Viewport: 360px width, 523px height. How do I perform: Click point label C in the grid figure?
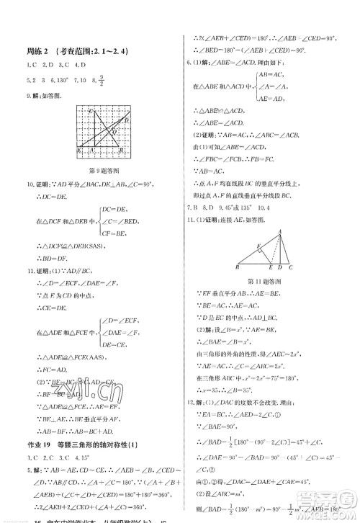91,111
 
